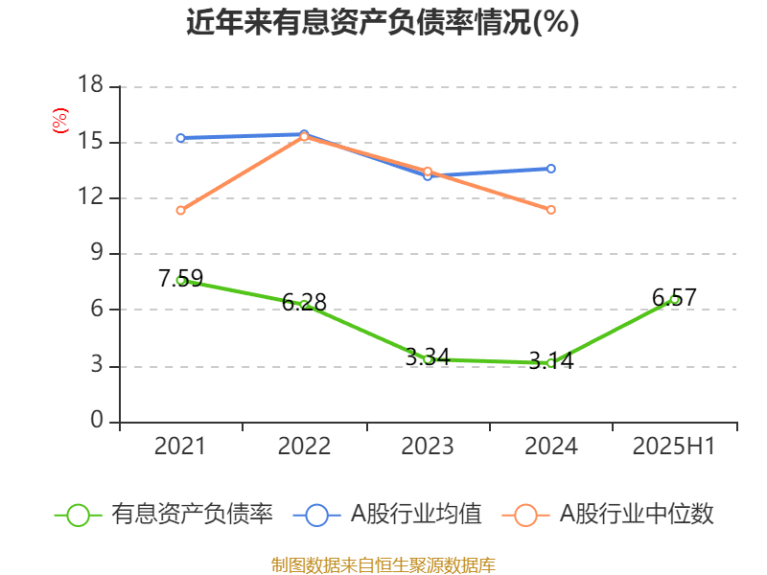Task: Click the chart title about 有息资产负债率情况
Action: (383, 22)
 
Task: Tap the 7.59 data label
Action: (180, 278)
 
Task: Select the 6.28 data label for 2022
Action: (304, 302)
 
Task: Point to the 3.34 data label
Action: (428, 356)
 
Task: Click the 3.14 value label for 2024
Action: (551, 360)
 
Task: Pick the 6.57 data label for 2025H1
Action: (674, 297)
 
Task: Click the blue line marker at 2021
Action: (180, 138)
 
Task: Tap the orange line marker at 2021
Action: (180, 210)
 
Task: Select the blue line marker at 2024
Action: (551, 169)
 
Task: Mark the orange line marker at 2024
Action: (551, 209)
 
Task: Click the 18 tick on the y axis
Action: (90, 86)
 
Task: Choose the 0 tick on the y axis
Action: (97, 421)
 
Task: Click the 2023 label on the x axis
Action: (428, 446)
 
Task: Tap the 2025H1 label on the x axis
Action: (674, 446)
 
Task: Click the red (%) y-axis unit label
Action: (59, 121)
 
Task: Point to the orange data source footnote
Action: (383, 564)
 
